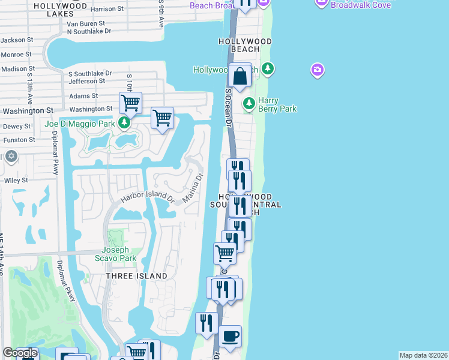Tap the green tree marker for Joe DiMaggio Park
point(124,124)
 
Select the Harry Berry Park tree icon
point(249,104)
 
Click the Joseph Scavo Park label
point(119,254)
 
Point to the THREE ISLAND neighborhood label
point(136,276)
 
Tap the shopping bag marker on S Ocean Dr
point(240,77)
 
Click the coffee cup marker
point(230,336)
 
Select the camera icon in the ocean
point(318,70)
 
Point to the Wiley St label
point(16,180)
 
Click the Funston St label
point(19,140)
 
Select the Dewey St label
point(17,127)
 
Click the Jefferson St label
point(88,81)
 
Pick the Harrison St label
point(107,9)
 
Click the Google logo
point(20,353)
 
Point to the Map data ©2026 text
point(423,355)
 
